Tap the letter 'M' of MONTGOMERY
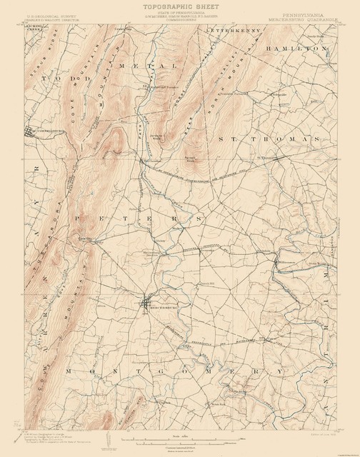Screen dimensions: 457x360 [69, 372]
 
